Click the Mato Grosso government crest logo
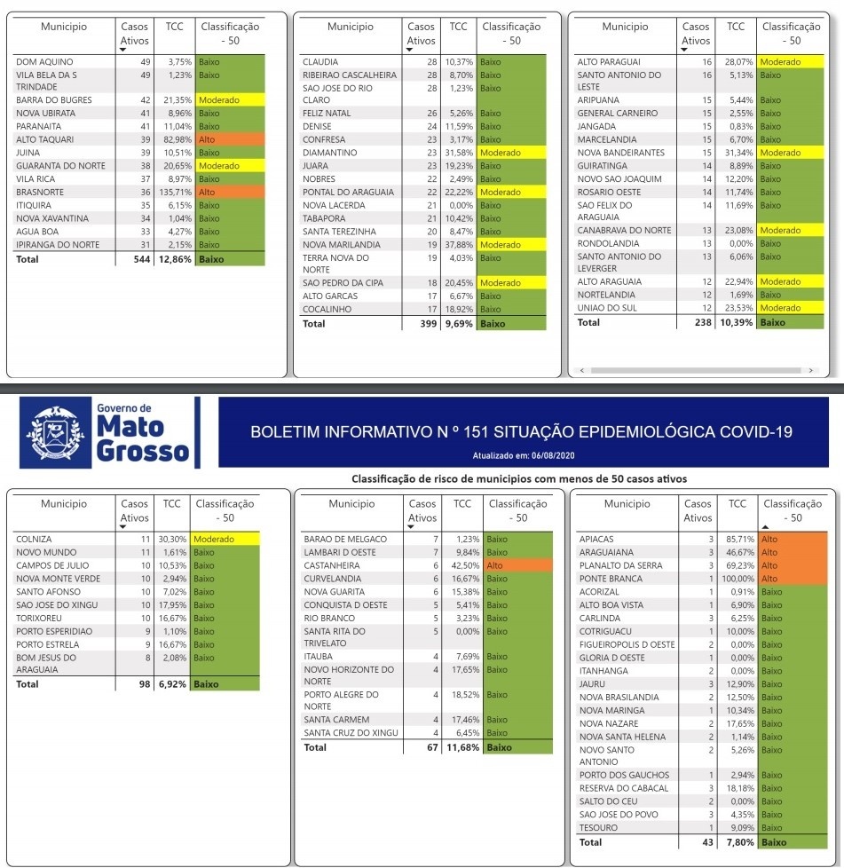[61, 432]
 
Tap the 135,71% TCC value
[174, 192]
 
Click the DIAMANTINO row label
[329, 153]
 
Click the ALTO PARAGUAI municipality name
[609, 62]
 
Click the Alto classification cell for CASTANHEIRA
[518, 565]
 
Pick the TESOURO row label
[599, 828]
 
